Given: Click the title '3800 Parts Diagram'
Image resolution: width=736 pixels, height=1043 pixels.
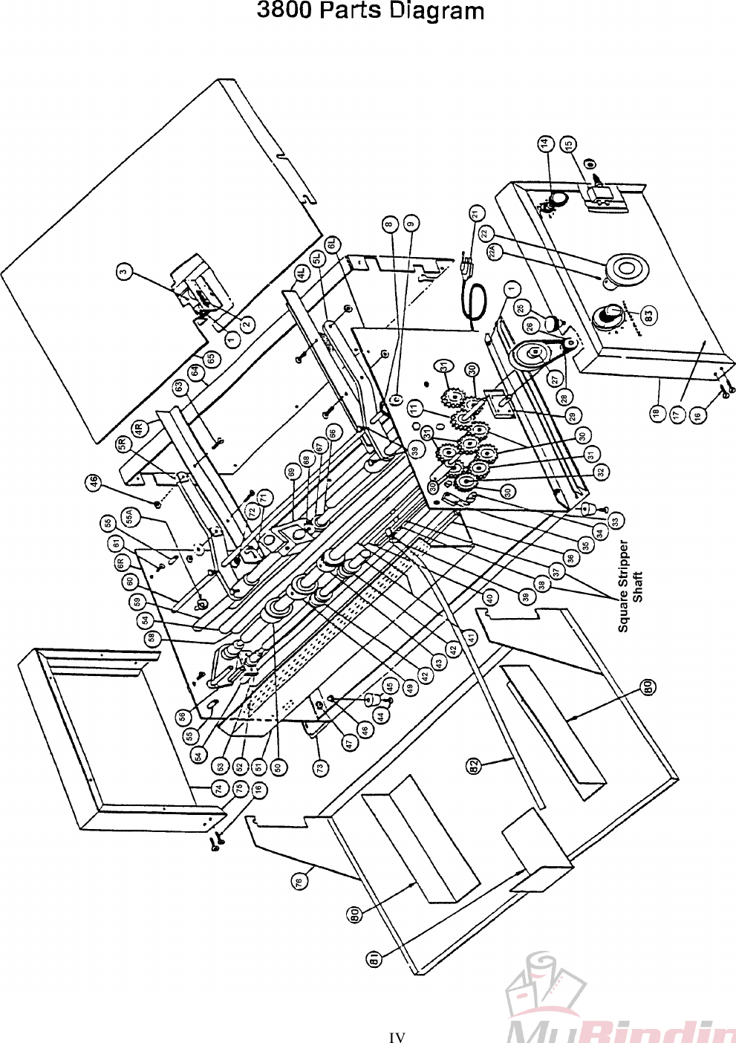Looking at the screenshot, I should point(370,12).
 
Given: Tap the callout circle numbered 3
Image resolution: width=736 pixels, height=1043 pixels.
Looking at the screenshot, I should point(126,272).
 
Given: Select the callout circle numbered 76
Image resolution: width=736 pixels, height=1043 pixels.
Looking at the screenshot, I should point(299,880).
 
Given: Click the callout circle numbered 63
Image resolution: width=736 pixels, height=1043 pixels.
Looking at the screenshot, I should point(179,387).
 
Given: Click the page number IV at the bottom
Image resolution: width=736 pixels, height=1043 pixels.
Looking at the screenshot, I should point(397,1037).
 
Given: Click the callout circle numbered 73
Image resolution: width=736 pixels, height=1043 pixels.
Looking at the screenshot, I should point(319,767).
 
